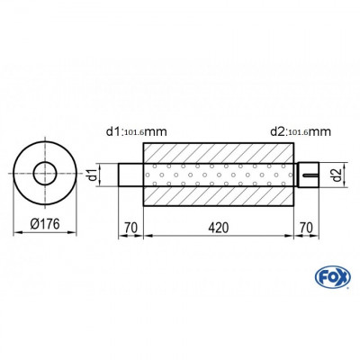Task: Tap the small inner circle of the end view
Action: coord(43,173)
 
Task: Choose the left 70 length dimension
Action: coord(131,227)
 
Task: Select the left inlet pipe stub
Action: coord(131,174)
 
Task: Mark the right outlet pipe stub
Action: coord(305,173)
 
